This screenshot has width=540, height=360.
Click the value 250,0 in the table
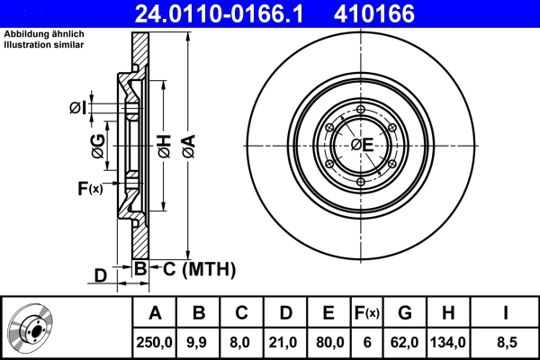[x=156, y=342]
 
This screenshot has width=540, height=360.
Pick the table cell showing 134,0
[x=448, y=342]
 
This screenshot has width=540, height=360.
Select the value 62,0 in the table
[x=405, y=342]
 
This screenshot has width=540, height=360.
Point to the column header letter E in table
[x=328, y=314]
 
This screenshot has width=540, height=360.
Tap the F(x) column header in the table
[x=367, y=314]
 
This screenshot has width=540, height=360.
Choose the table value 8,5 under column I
[x=506, y=342]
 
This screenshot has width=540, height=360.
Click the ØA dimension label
[x=187, y=146]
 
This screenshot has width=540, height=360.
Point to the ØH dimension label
[x=165, y=146]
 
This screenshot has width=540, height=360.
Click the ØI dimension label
[x=78, y=108]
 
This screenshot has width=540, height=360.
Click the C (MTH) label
[x=199, y=268]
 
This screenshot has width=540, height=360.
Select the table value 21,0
[x=285, y=342]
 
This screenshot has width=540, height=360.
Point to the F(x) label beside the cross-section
[x=90, y=188]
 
